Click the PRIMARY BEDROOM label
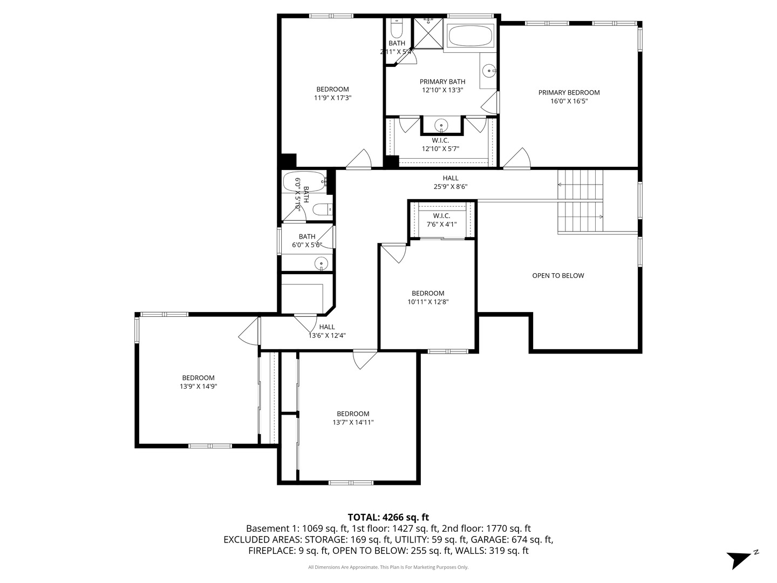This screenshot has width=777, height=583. [x=569, y=92]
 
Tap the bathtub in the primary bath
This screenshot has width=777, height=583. [x=471, y=35]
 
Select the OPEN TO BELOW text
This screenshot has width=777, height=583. [x=558, y=275]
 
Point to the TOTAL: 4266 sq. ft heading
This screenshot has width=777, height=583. [x=388, y=517]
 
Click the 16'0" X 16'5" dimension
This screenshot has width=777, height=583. [x=569, y=101]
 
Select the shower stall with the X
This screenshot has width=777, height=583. [x=428, y=33]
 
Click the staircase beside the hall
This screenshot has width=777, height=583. [x=580, y=200]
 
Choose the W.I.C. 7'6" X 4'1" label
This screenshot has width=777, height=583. [x=441, y=220]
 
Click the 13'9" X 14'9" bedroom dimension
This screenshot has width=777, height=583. [x=198, y=386]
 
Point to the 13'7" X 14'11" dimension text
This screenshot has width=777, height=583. [x=353, y=422]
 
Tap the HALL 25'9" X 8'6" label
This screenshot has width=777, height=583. [x=450, y=182]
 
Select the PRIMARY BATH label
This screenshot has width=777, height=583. [x=442, y=82]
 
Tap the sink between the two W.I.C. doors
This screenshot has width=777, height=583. [x=441, y=125]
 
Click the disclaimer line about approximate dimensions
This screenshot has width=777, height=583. [x=388, y=567]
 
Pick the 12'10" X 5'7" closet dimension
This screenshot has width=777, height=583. [x=440, y=148]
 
